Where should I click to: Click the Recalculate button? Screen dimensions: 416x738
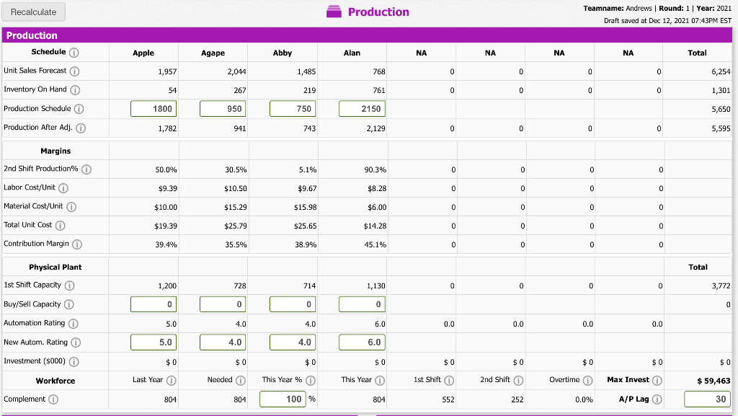point(34,12)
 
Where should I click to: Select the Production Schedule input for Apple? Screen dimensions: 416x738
point(153,108)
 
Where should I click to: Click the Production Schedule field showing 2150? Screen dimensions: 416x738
point(363,108)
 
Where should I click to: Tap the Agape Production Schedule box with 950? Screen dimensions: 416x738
point(223,108)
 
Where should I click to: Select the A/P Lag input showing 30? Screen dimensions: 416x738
point(708,399)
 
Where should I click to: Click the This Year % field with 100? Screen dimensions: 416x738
point(283,399)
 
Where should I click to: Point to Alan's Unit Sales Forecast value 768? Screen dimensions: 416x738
point(378,71)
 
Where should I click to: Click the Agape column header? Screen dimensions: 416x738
point(213,53)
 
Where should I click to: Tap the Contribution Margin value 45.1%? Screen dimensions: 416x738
point(375,244)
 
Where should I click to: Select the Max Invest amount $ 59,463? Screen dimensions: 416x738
point(713,381)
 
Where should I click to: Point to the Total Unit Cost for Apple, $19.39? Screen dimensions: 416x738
point(166,226)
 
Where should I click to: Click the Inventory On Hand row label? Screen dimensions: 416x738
point(35,89)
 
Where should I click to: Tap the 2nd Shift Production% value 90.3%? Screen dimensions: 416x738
point(375,169)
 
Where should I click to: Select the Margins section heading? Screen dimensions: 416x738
point(55,151)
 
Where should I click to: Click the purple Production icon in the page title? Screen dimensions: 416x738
point(335,12)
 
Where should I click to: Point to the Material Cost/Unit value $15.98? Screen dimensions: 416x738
point(306,207)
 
